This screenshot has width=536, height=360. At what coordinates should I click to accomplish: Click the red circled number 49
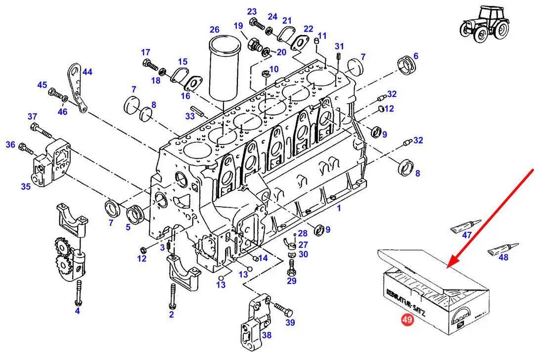pyautogui.click(x=407, y=319)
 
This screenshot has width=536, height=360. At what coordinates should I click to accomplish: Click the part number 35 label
pyautogui.click(x=26, y=186)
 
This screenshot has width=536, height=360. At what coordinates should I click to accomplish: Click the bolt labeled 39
pyautogui.click(x=283, y=310)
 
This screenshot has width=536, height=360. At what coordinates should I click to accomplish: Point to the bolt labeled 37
pyautogui.click(x=41, y=131)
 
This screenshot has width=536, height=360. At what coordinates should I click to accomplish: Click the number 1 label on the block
pyautogui.click(x=339, y=208)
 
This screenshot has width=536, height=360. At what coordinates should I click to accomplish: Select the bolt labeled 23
pyautogui.click(x=257, y=24)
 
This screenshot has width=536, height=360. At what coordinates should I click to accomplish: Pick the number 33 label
pyautogui.click(x=190, y=116)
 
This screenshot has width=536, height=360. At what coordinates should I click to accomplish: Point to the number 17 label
pyautogui.click(x=146, y=52)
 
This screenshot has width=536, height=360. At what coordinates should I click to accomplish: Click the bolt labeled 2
pyautogui.click(x=172, y=296)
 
